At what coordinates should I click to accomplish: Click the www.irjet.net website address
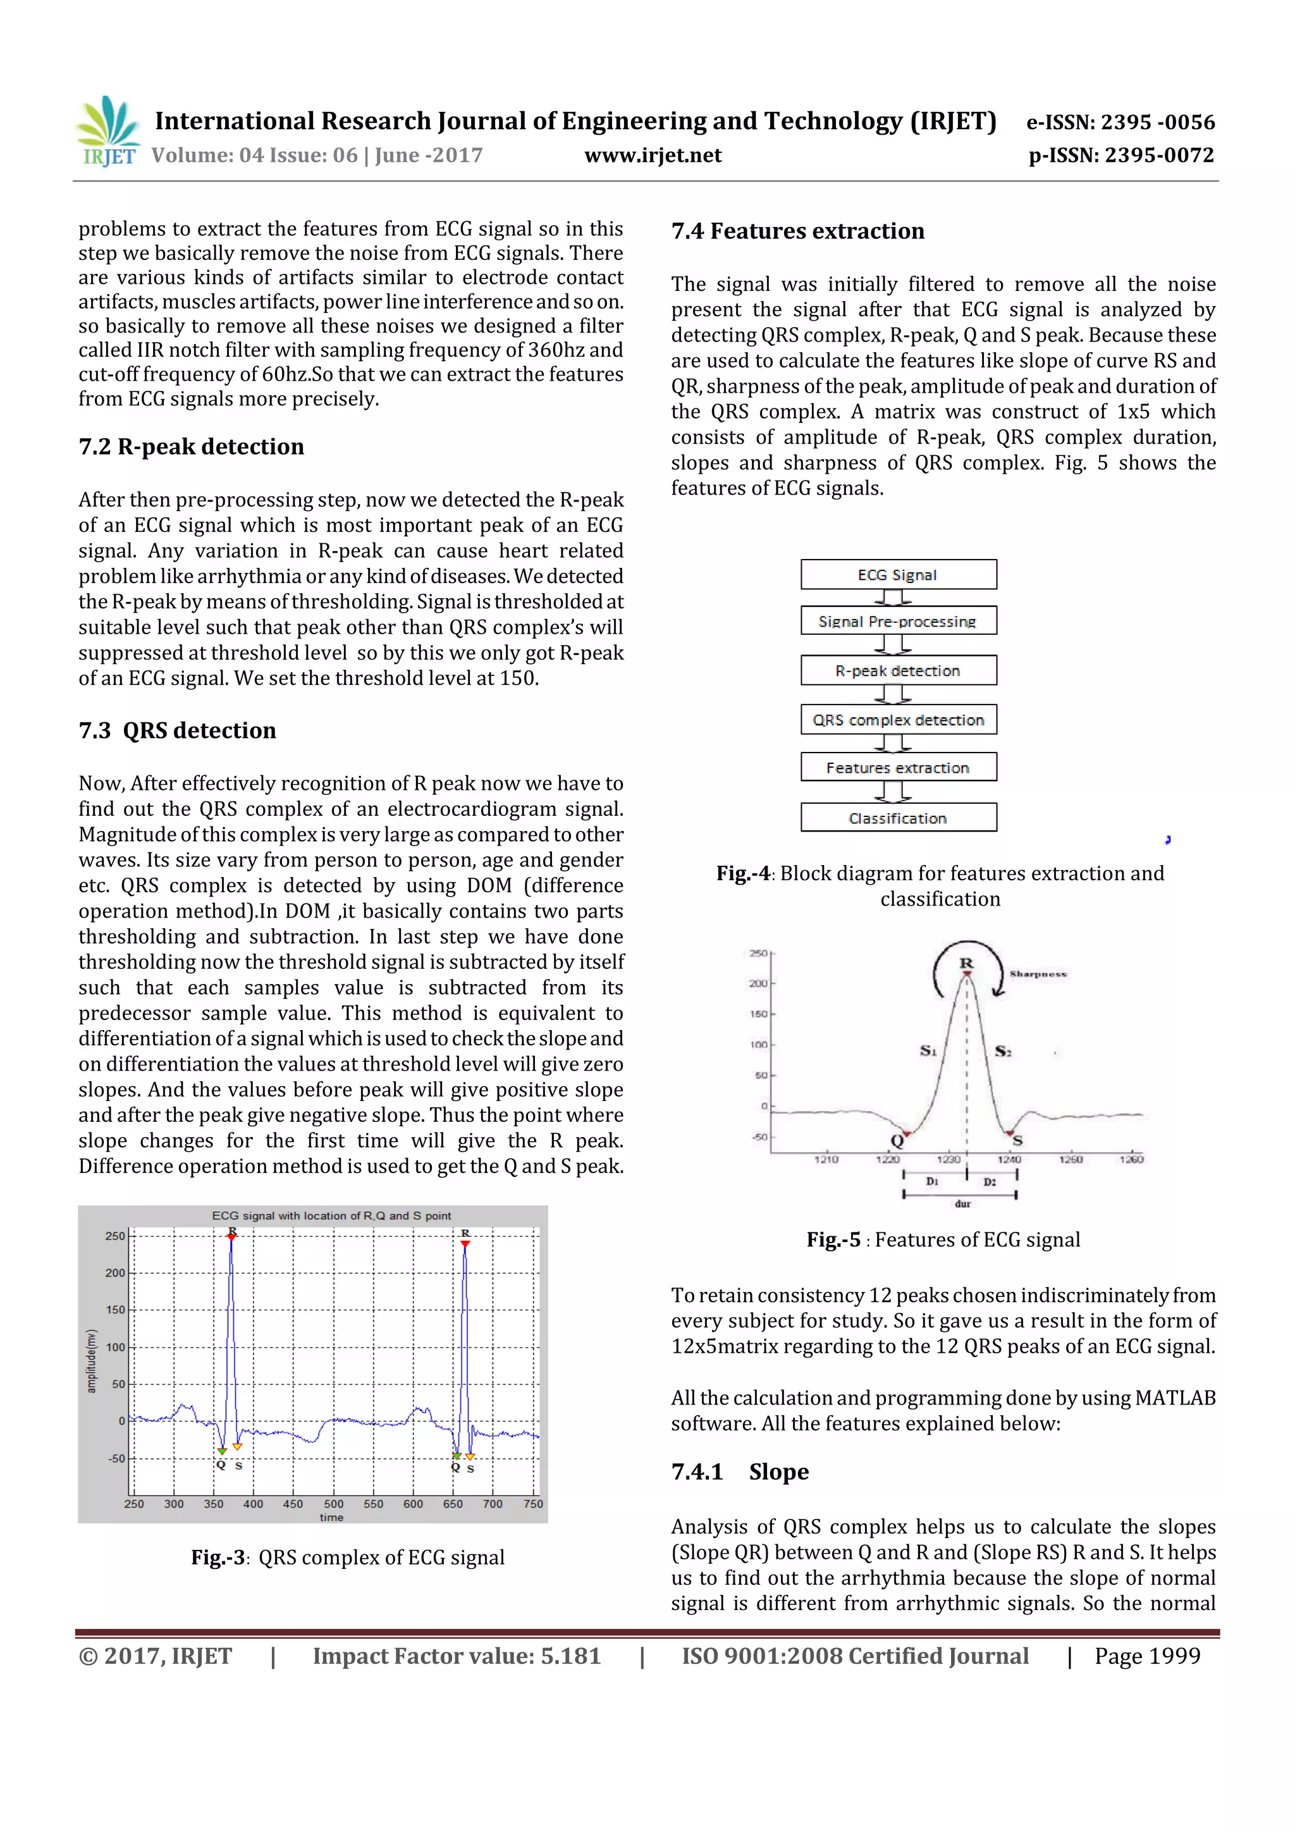(x=653, y=156)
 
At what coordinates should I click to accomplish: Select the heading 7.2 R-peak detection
(x=192, y=447)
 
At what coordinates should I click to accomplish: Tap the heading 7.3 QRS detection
(x=177, y=730)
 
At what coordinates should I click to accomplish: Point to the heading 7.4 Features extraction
(x=797, y=231)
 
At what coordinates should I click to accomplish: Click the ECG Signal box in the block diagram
(x=898, y=574)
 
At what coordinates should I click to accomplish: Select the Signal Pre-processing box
(x=898, y=621)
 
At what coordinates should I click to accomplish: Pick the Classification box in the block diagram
(x=898, y=818)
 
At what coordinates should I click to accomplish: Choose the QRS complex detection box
(x=898, y=720)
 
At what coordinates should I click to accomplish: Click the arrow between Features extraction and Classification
(x=892, y=792)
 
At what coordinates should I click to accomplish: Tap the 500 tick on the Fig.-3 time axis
(x=333, y=1503)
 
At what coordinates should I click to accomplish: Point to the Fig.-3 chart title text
(x=331, y=1216)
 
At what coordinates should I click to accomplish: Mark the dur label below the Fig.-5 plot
(x=962, y=1203)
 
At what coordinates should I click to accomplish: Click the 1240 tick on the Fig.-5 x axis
(x=1009, y=1159)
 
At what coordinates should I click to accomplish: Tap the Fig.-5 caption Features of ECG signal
(x=943, y=1240)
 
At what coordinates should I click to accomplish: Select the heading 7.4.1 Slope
(x=740, y=1472)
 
